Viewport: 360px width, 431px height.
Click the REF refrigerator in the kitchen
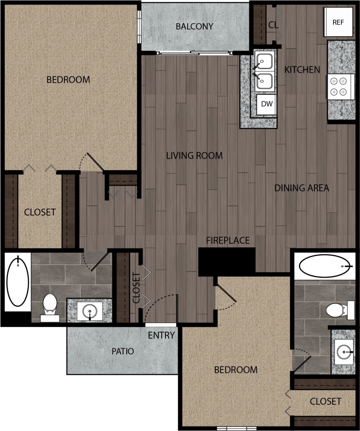point(338,22)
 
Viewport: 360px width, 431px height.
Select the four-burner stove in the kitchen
point(338,87)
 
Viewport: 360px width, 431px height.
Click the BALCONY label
point(194,27)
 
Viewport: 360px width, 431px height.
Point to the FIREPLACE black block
point(227,261)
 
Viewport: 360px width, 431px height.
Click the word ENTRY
point(161,335)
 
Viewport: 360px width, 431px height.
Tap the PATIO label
point(123,351)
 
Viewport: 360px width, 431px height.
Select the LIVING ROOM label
point(194,156)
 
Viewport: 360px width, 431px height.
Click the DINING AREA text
point(302,188)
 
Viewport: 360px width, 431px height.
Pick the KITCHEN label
point(302,70)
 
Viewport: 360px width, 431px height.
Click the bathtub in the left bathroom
point(18,282)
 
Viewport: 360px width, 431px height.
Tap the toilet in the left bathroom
point(50,306)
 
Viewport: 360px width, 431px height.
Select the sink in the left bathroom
point(90,311)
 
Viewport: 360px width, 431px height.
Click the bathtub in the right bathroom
point(324,266)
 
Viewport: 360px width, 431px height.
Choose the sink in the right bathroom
point(344,352)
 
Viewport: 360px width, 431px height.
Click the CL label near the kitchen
point(273,25)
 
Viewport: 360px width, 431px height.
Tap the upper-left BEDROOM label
point(68,80)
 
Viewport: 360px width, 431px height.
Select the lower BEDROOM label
point(236,370)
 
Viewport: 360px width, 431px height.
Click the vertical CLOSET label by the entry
point(136,287)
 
